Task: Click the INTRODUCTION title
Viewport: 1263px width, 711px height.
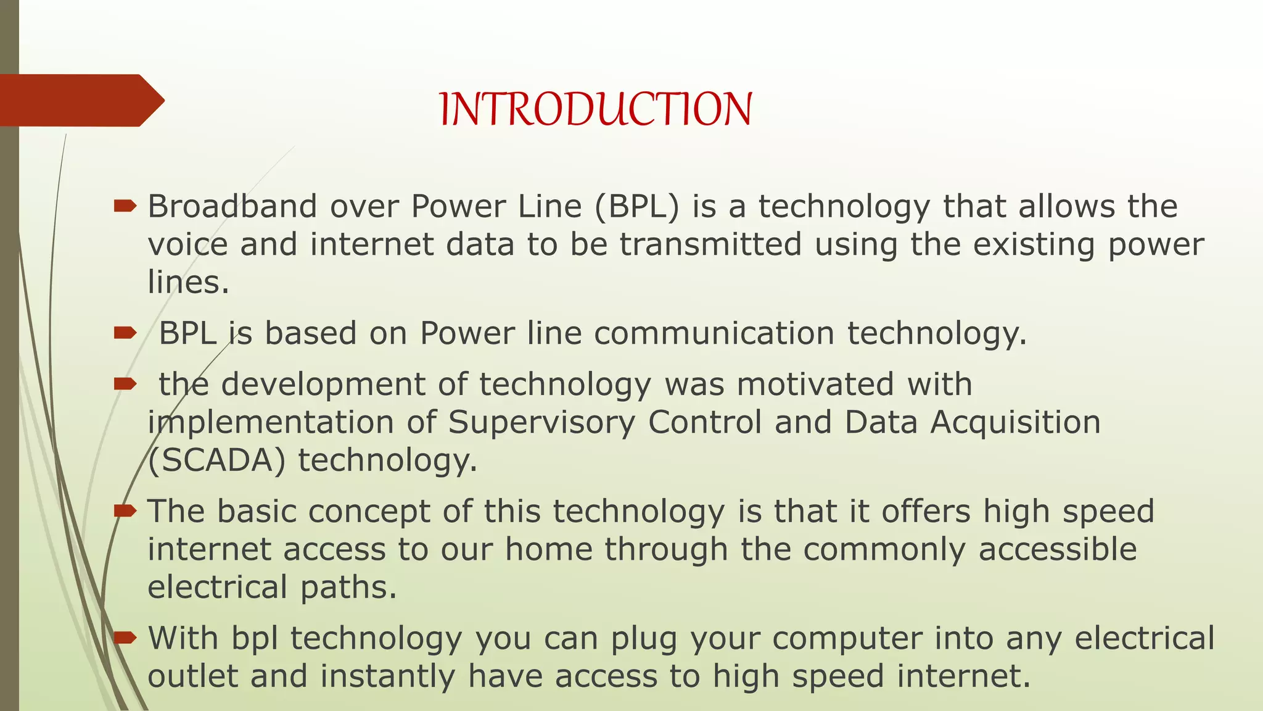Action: click(x=596, y=109)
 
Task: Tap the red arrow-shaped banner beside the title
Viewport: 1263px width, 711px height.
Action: click(x=80, y=101)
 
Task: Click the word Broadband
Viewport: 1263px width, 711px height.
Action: click(x=232, y=206)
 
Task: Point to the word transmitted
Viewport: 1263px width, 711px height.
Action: click(x=710, y=244)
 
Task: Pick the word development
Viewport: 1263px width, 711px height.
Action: click(x=323, y=385)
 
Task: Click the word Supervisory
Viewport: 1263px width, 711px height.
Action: click(x=541, y=423)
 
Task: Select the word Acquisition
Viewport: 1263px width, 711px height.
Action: click(x=1015, y=423)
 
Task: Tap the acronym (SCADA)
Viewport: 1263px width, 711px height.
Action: click(x=216, y=461)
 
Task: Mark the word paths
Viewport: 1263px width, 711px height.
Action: click(x=348, y=588)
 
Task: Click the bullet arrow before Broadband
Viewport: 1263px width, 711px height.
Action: click(x=125, y=206)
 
